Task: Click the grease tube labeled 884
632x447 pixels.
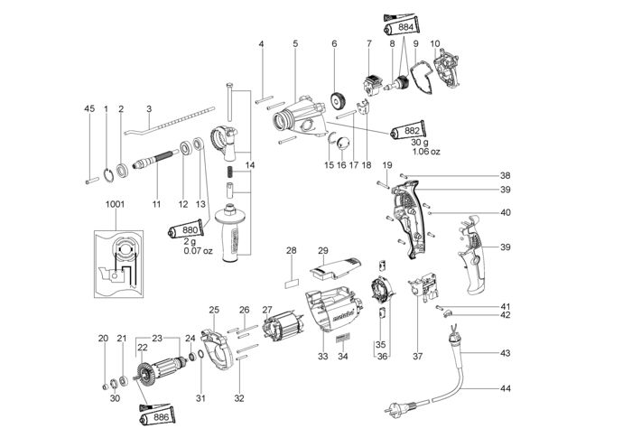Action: click(x=402, y=27)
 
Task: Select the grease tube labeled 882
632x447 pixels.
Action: click(x=407, y=131)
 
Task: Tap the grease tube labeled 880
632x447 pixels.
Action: click(x=186, y=229)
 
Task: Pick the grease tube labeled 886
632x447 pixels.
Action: click(x=157, y=417)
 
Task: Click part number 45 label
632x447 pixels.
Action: click(x=89, y=109)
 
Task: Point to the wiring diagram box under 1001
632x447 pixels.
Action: click(x=118, y=264)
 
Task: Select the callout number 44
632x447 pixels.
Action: click(x=505, y=388)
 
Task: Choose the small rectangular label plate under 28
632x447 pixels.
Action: click(x=292, y=284)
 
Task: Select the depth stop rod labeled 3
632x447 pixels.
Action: click(x=170, y=120)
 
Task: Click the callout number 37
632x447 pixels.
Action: click(x=417, y=357)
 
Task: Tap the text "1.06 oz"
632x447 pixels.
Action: click(x=426, y=152)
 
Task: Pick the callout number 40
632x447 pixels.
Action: click(x=505, y=212)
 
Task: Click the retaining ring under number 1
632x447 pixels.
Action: click(x=108, y=176)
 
